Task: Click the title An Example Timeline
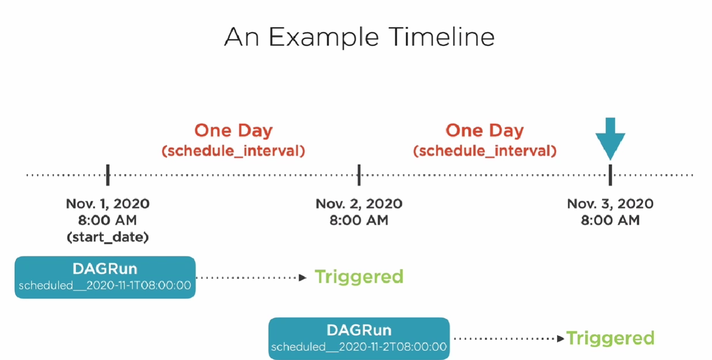359,37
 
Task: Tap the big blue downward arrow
610,139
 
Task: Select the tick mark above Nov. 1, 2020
108,175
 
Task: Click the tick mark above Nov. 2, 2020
359,175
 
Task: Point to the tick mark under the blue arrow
610,175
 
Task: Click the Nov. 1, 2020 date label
108,204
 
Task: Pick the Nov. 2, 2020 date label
359,204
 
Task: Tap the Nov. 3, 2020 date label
610,204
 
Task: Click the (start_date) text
108,237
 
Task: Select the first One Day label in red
234,131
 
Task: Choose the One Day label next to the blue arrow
485,131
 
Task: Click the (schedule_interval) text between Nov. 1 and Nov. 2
234,151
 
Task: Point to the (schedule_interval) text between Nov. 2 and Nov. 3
485,151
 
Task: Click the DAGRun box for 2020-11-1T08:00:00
105,277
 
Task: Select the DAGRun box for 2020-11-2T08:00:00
359,338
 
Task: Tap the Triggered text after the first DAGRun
359,277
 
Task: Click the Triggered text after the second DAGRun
610,338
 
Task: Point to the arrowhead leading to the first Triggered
303,278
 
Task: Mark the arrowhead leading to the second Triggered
561,339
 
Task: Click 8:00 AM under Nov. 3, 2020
610,221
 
